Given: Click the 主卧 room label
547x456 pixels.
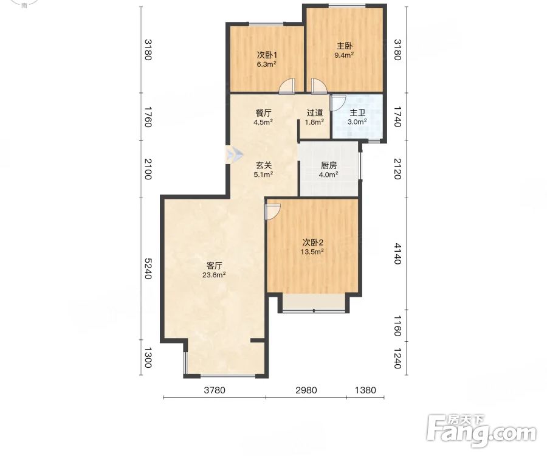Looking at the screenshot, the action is click(345, 46).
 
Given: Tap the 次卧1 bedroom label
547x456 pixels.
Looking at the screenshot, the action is click(267, 55).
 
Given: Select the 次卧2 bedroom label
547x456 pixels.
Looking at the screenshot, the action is click(312, 243).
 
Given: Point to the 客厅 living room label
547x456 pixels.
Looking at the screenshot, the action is click(214, 266).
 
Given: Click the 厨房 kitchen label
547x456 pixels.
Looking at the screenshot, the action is click(329, 165).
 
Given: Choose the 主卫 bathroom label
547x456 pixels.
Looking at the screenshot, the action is click(357, 112).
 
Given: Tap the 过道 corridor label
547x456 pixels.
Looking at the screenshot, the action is click(314, 112).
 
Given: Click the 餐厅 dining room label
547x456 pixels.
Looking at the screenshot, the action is click(263, 113).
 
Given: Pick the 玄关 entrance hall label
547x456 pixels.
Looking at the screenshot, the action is click(263, 165).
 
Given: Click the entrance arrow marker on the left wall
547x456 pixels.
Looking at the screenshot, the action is click(235, 154).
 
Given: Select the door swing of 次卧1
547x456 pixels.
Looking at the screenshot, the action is click(287, 86).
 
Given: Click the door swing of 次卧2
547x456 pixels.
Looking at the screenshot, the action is click(272, 212).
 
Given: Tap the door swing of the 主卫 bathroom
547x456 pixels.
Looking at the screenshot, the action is click(338, 102).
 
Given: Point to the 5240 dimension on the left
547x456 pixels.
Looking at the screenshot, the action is click(148, 269).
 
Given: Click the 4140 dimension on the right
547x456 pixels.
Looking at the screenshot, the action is click(397, 254).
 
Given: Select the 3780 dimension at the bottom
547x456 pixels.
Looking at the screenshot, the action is click(215, 390).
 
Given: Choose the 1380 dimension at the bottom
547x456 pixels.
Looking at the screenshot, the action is click(365, 390).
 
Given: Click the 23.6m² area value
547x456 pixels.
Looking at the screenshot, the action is click(214, 275).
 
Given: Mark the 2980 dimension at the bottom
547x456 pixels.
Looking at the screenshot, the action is click(306, 390).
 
